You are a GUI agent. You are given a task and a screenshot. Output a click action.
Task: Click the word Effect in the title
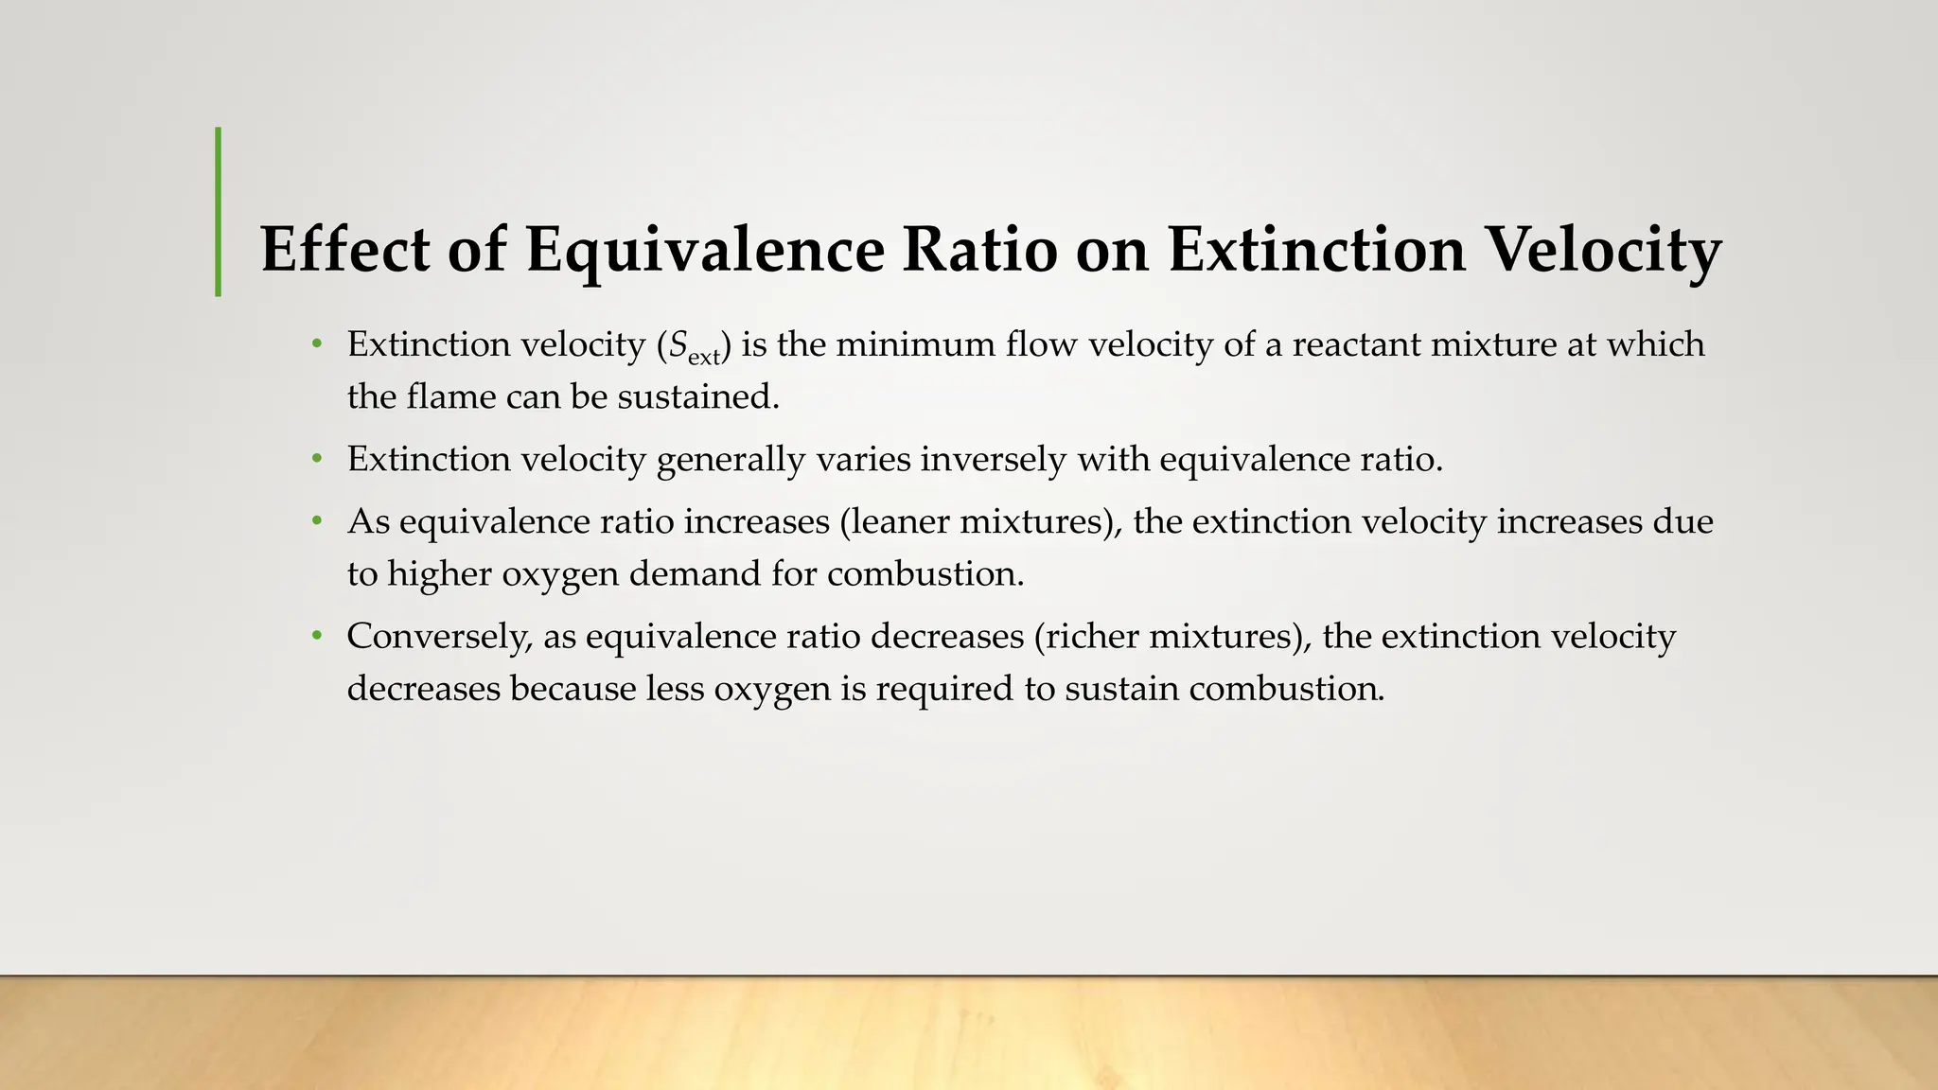click(x=344, y=249)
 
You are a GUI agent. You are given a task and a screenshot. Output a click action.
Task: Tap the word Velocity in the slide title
click(x=1603, y=249)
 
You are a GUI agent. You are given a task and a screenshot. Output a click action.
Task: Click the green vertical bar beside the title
click(x=219, y=212)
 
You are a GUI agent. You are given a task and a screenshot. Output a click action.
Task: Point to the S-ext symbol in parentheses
click(x=694, y=346)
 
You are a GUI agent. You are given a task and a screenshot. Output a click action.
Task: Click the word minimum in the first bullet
click(x=914, y=344)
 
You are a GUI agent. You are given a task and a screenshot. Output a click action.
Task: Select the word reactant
click(x=1356, y=344)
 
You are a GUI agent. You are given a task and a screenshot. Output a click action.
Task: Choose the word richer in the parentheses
click(x=1091, y=637)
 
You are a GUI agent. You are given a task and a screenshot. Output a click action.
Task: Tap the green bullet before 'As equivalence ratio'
click(x=317, y=522)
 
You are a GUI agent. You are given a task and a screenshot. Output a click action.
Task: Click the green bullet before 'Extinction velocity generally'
click(x=317, y=460)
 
